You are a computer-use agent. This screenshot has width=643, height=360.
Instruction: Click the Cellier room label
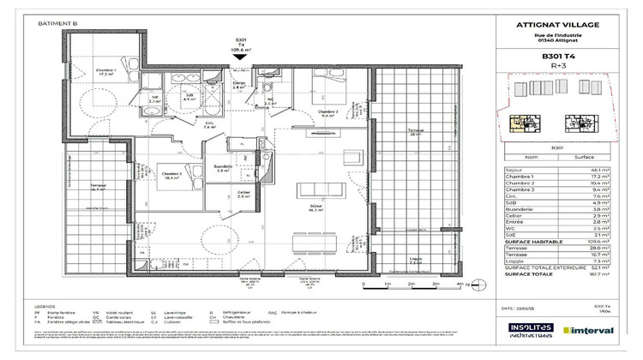tap(244, 194)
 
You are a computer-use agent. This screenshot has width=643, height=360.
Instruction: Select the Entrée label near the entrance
tap(241, 84)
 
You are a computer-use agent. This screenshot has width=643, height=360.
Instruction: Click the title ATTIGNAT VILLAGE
tap(557, 26)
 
